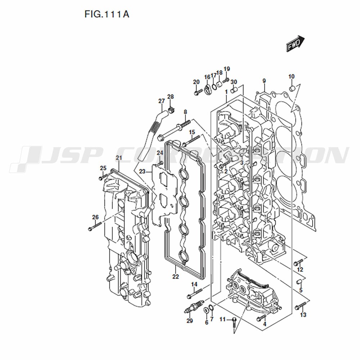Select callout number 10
click(291, 76)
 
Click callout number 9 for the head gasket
click(264, 80)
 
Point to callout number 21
click(119, 158)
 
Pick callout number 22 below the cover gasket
click(175, 276)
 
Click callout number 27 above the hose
click(161, 101)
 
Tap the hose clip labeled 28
click(172, 108)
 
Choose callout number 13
click(303, 315)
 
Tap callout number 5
click(301, 290)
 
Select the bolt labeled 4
click(262, 318)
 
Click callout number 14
click(194, 284)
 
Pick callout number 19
click(226, 69)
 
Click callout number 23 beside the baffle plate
click(142, 171)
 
